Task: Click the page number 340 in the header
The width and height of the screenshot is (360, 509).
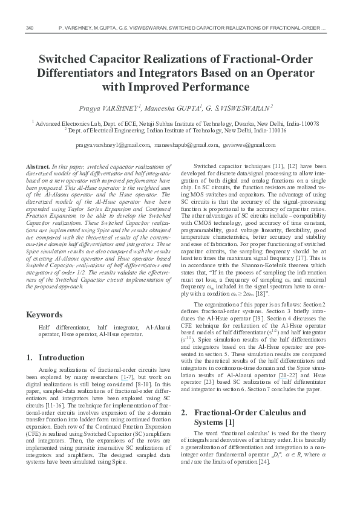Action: click(30, 28)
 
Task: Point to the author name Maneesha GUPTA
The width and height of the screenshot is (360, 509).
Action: click(175, 108)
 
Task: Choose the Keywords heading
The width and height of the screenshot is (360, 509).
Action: click(45, 314)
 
